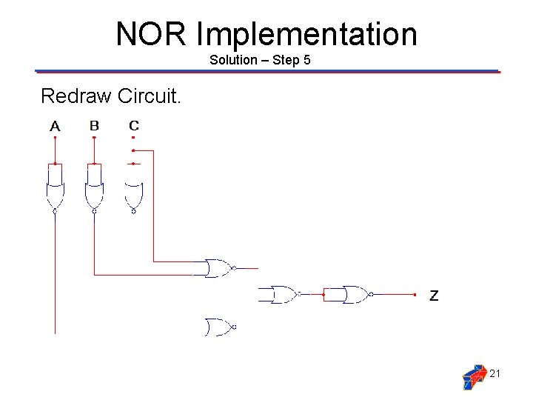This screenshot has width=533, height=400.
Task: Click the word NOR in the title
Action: tap(152, 34)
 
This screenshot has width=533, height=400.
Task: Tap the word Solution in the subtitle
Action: tap(232, 60)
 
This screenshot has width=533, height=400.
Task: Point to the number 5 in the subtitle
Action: tap(306, 60)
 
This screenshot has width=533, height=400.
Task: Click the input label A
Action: tap(55, 127)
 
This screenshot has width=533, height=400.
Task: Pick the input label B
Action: tap(94, 126)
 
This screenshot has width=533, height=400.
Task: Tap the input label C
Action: tap(133, 126)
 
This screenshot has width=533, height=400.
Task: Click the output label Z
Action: tap(434, 296)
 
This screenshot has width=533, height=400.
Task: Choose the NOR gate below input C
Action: tap(133, 196)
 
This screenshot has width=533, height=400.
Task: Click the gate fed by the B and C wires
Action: tap(218, 268)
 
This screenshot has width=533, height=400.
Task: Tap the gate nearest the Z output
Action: tap(355, 295)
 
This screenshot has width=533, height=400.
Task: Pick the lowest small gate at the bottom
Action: tap(219, 326)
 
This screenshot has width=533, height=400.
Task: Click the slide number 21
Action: tap(495, 373)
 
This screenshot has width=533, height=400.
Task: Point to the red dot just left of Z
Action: tap(415, 295)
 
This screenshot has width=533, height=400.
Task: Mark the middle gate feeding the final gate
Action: tap(282, 295)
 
